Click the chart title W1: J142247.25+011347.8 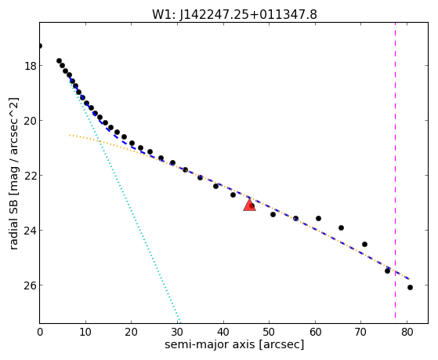point(234,14)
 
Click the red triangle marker point(249,205)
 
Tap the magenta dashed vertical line point(395,170)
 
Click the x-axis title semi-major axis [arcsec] point(234,344)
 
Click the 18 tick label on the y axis point(31,66)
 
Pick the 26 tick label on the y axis point(31,285)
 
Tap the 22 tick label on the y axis point(31,176)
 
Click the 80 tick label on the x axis point(407,332)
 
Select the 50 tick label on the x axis point(270,332)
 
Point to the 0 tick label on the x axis point(40,332)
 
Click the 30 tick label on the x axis point(177,332)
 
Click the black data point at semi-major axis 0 point(40,45)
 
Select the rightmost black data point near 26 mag point(410,287)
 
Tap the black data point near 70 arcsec point(364,244)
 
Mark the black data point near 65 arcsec point(341,227)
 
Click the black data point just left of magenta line point(387,271)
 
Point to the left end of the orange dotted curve point(70,135)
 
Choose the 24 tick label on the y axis point(31,231)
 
